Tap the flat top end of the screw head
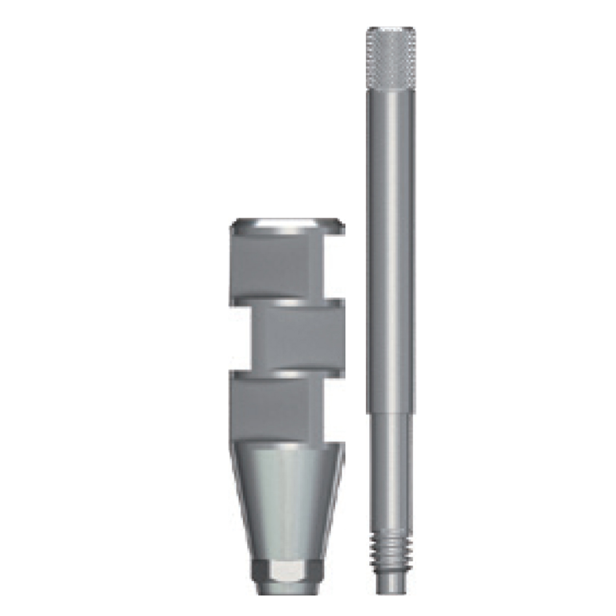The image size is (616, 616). pyautogui.click(x=391, y=29)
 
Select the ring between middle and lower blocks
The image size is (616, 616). pyautogui.click(x=287, y=374)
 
